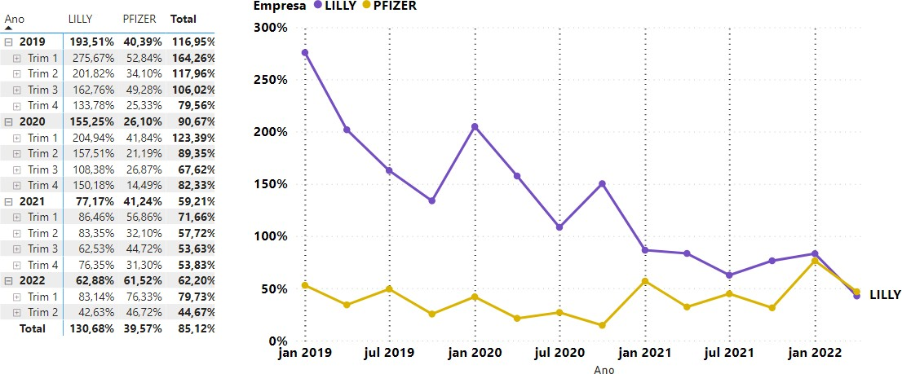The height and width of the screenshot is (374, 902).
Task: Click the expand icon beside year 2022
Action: point(8,281)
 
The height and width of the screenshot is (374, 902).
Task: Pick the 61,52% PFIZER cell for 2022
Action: point(142,281)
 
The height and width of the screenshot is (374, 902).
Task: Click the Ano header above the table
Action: point(14,18)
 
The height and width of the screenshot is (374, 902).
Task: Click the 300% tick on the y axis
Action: point(271,28)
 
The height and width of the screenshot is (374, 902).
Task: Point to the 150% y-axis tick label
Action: point(271,184)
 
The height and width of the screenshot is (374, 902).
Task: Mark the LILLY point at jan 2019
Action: point(305,53)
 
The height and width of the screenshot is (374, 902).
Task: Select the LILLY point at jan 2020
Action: point(475,126)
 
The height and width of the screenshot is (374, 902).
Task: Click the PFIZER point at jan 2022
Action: point(815,261)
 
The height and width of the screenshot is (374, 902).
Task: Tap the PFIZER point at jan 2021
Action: point(645,281)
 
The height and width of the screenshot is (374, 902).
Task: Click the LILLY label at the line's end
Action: point(884,293)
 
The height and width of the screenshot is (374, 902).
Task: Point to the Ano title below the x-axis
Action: point(604,369)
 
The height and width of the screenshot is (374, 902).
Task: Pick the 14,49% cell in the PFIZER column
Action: point(144,185)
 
